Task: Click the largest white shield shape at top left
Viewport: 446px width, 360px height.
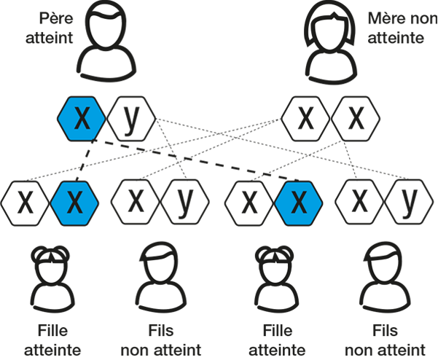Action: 107,31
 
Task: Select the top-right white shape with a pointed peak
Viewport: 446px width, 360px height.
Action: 336,35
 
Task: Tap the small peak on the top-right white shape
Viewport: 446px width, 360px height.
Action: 340,20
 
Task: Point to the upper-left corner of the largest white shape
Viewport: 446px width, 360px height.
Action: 93,17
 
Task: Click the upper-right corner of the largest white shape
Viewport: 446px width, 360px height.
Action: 123,16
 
